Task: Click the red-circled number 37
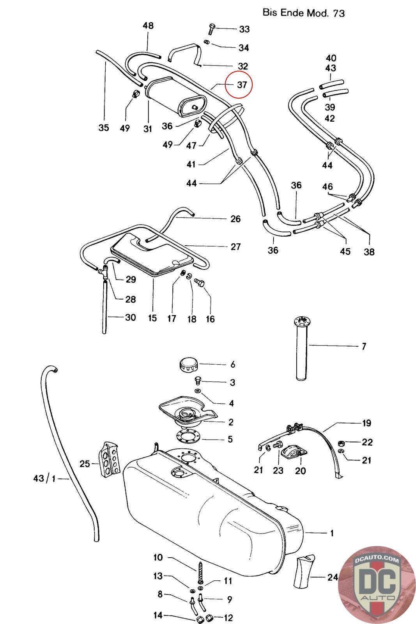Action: (242, 85)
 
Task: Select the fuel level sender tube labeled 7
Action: (302, 349)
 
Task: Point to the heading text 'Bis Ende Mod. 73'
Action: (304, 13)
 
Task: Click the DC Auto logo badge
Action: (377, 585)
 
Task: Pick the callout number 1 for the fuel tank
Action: (332, 533)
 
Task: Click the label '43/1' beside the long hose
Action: (44, 479)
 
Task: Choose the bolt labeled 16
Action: (199, 282)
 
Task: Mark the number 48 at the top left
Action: (148, 26)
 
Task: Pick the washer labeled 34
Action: (207, 42)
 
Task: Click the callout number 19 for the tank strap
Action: (367, 423)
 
